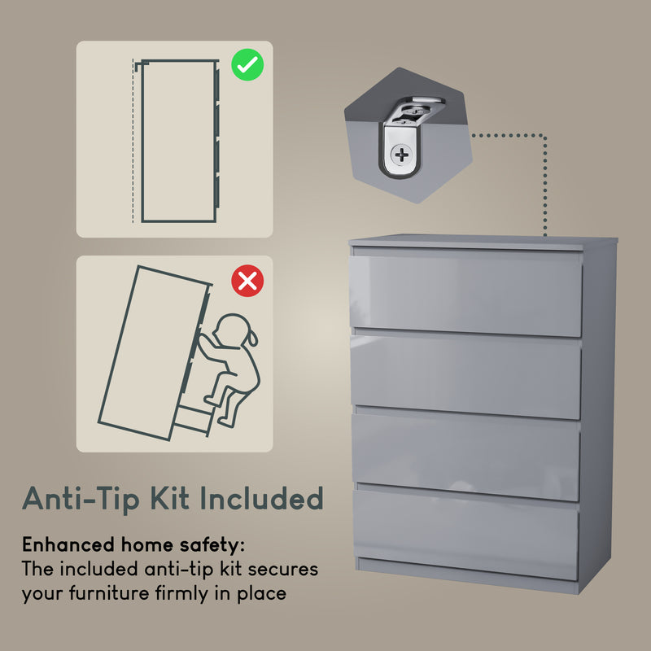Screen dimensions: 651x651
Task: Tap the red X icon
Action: [247, 282]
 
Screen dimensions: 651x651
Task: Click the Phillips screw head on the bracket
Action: [401, 153]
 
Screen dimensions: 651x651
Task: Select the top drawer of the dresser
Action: [466, 293]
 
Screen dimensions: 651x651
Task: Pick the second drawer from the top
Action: [466, 376]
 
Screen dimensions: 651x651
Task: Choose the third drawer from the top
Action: [465, 456]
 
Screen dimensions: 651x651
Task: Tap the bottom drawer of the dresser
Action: [465, 533]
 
